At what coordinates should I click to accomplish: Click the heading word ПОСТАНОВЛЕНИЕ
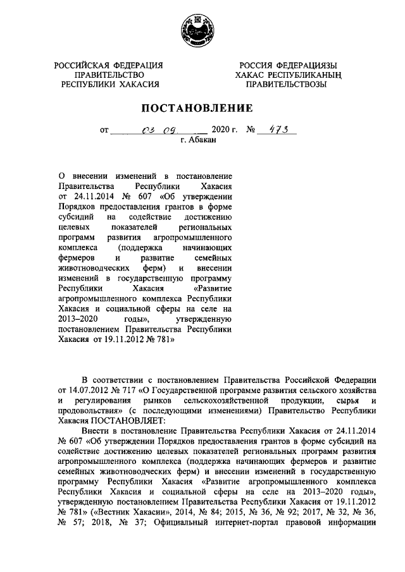point(201,108)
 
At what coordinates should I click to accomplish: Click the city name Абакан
point(202,142)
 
